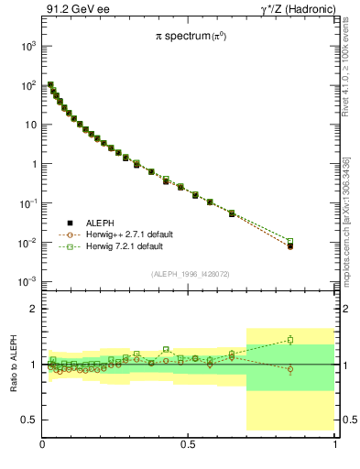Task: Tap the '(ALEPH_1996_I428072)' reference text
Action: click(189, 274)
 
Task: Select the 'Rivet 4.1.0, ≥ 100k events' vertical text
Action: click(346, 83)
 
